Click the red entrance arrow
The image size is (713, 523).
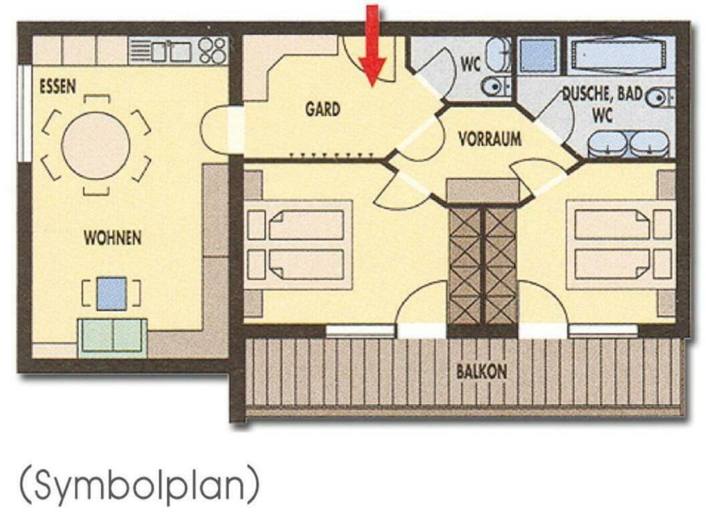coord(372,45)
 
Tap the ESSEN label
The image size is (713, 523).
coord(57,86)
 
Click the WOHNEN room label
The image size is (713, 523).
coord(113,238)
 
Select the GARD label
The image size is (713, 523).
coord(323,109)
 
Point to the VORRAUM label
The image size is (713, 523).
coord(490,138)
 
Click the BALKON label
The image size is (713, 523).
coord(482,371)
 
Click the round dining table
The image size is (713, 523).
coord(96,146)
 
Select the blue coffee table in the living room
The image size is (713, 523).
coord(112,293)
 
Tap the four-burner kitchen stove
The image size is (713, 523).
coord(212,51)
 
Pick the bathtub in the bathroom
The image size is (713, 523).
coord(620,55)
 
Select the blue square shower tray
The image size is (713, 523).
coord(539,55)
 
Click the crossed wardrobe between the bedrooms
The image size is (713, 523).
coord(482,267)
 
